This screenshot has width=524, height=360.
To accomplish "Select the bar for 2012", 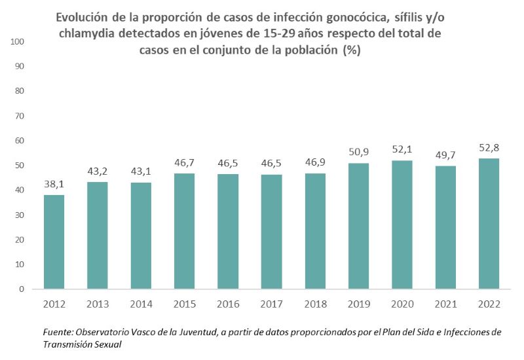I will tap(54, 242).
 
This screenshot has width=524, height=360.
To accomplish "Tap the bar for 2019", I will tap(358, 226).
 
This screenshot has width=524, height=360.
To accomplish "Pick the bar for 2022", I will tap(489, 223).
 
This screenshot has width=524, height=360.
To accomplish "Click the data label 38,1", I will tap(54, 185).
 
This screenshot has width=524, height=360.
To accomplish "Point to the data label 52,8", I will tap(489, 148).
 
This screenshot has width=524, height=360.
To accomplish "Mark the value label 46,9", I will tap(315, 163).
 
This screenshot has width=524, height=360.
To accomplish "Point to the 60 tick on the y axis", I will tap(19, 141).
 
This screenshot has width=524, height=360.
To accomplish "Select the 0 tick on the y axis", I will tap(22, 289).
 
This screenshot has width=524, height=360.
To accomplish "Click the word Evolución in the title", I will tap(86, 18).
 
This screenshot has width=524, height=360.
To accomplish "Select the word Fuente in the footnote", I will tap(58, 333).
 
